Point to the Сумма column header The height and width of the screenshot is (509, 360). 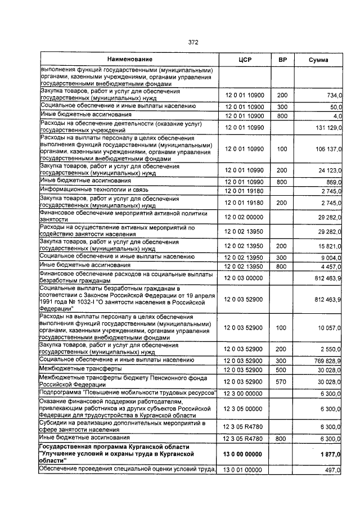click(319, 60)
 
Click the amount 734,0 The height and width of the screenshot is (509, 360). click(334, 96)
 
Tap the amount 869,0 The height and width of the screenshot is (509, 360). click(334, 182)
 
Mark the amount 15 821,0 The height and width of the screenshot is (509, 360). click(330, 246)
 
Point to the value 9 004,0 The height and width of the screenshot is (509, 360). click(331, 256)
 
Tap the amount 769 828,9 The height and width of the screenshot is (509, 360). click(327, 360)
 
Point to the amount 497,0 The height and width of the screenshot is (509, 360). click(334, 470)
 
